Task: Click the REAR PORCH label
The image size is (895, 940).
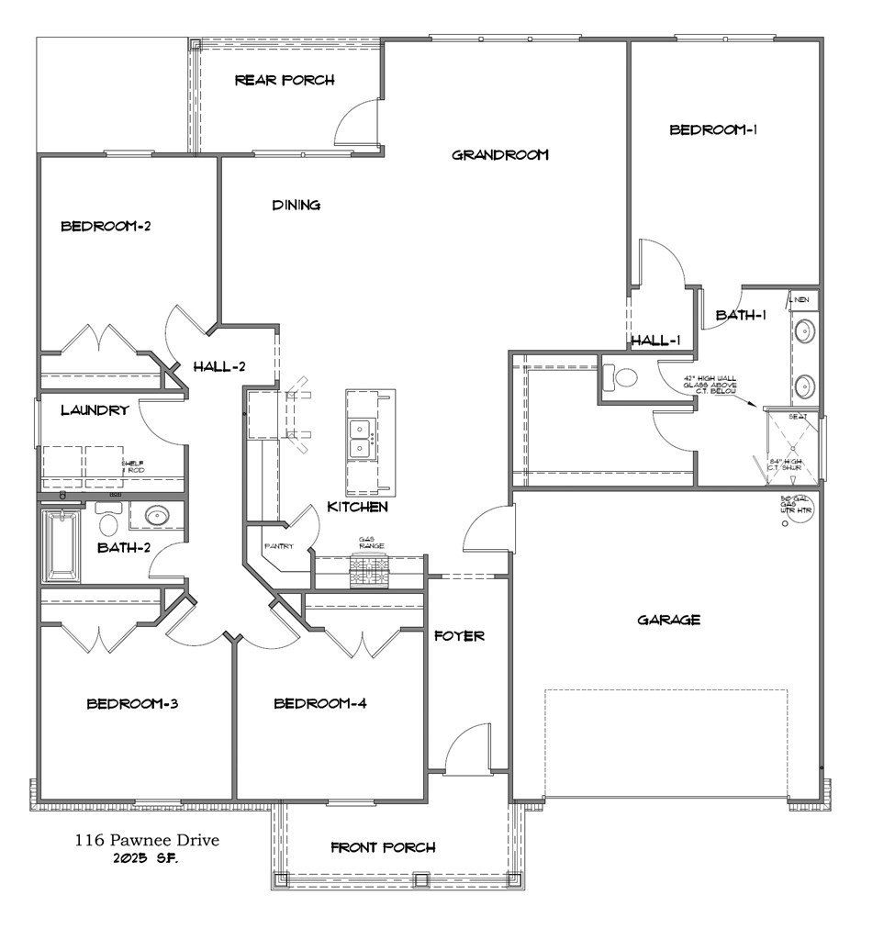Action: tap(285, 80)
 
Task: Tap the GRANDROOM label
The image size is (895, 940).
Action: tap(500, 154)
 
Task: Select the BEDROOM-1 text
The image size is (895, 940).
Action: tap(713, 129)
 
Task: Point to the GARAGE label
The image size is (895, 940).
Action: tap(669, 620)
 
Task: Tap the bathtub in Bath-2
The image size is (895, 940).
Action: tap(62, 546)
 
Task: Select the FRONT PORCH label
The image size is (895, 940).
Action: tap(383, 847)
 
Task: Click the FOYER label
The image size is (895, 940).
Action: tap(459, 635)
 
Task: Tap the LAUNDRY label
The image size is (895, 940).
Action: tap(95, 410)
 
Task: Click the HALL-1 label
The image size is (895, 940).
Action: tap(655, 341)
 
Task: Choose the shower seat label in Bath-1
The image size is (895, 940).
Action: tap(799, 417)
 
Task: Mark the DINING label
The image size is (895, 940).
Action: tap(296, 205)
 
